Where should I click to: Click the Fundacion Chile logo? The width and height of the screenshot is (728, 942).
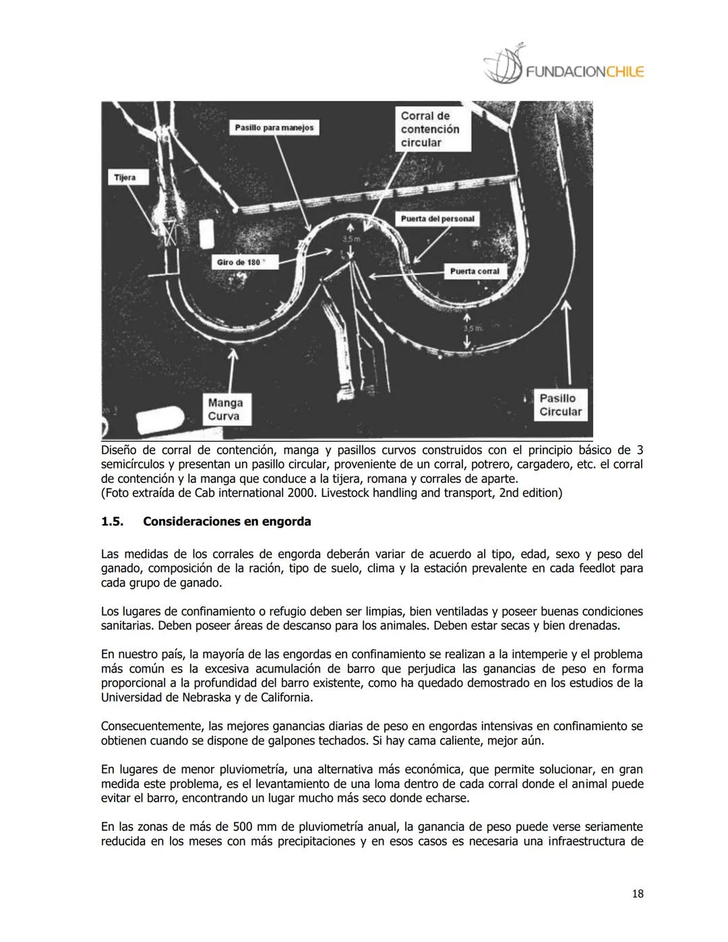pos(564,65)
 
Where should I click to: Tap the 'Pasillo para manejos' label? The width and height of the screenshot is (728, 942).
pos(274,127)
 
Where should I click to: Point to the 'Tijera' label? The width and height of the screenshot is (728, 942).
pos(125,177)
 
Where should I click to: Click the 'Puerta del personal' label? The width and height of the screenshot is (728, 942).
pos(437,218)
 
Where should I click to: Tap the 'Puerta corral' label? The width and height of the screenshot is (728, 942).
pos(475,271)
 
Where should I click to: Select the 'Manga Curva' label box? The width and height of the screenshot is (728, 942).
pos(224,409)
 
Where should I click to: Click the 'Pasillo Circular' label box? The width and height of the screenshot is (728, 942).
pos(559,405)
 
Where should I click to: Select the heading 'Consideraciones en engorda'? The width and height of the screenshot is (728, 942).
pos(227,522)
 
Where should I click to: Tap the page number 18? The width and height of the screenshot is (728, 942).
pos(638,894)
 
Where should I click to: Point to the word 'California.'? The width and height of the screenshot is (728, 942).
pos(283,698)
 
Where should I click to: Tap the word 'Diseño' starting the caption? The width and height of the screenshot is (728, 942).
pos(119,450)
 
